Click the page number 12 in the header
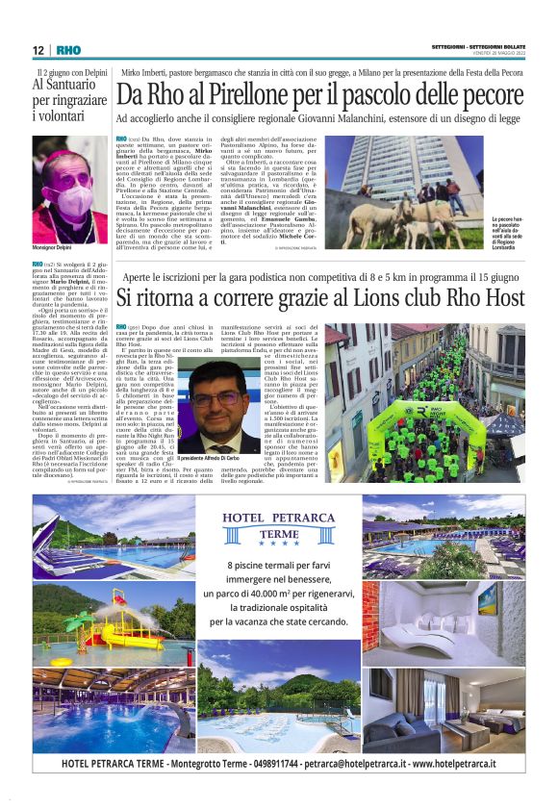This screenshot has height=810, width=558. (x=38, y=50)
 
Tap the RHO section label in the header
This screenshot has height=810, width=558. (x=68, y=50)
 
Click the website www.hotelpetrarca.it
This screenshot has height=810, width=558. (x=454, y=764)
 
